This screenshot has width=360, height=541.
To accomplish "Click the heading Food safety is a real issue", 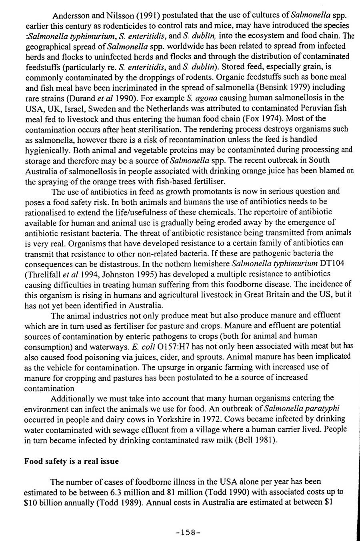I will pyautogui.click(x=72, y=461).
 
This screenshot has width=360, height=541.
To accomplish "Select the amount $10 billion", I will pyautogui.click(x=43, y=503).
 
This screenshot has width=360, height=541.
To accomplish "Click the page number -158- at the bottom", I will pyautogui.click(x=188, y=532).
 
